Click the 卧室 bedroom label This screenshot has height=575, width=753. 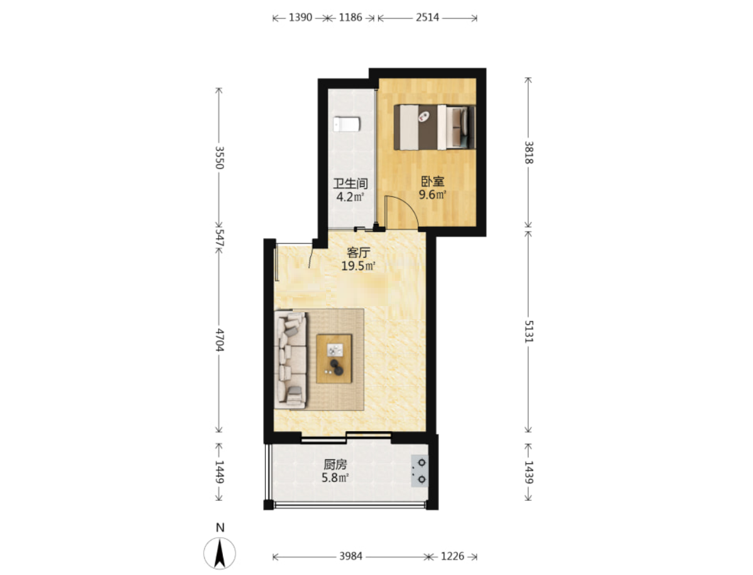[432, 182]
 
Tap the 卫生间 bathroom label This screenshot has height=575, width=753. [350, 183]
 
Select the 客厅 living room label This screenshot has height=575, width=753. [358, 252]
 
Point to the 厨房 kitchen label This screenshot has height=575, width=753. [335, 464]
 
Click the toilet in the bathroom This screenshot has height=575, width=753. [347, 124]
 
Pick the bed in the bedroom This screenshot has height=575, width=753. [435, 128]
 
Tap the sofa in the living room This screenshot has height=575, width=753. [291, 359]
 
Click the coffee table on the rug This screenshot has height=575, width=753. [334, 358]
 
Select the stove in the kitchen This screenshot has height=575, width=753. [420, 471]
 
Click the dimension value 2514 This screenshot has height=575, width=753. [428, 18]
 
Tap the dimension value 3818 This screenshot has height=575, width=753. [528, 152]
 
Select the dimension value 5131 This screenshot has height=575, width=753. [528, 331]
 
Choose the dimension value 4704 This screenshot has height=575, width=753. [219, 339]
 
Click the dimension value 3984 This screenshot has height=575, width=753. [350, 556]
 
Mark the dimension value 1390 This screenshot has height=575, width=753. [301, 18]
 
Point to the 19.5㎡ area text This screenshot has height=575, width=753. [358, 266]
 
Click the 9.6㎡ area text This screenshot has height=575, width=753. [432, 195]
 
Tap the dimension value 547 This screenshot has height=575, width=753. [219, 238]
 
